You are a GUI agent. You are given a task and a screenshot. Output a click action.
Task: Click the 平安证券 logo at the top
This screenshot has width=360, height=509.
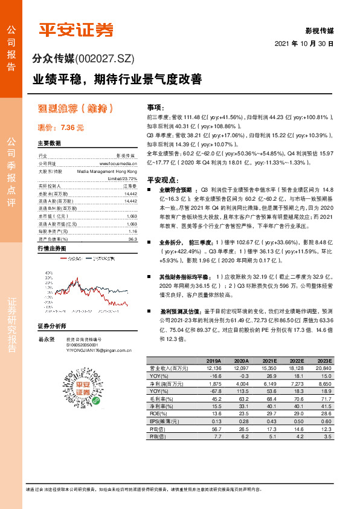point(76,30)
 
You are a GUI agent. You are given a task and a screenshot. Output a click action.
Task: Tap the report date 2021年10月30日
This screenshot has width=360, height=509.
point(304,44)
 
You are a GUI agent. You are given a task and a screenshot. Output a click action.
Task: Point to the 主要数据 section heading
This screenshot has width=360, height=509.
point(49,143)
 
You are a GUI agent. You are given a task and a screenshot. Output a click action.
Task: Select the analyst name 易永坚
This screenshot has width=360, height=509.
point(47,340)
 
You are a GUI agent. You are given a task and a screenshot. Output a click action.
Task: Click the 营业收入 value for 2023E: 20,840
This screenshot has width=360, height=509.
point(323,368)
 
